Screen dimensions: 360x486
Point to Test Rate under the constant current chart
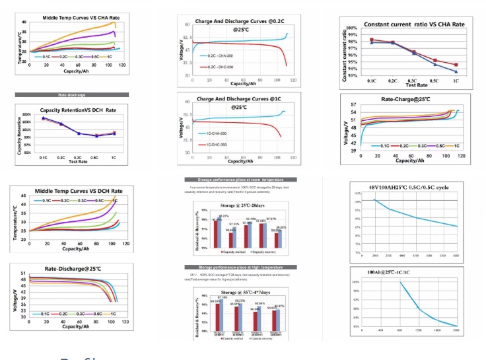416,85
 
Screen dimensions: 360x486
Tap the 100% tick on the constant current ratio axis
353,28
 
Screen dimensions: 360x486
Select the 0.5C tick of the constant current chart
434,79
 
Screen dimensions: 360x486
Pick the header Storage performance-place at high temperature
239,266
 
